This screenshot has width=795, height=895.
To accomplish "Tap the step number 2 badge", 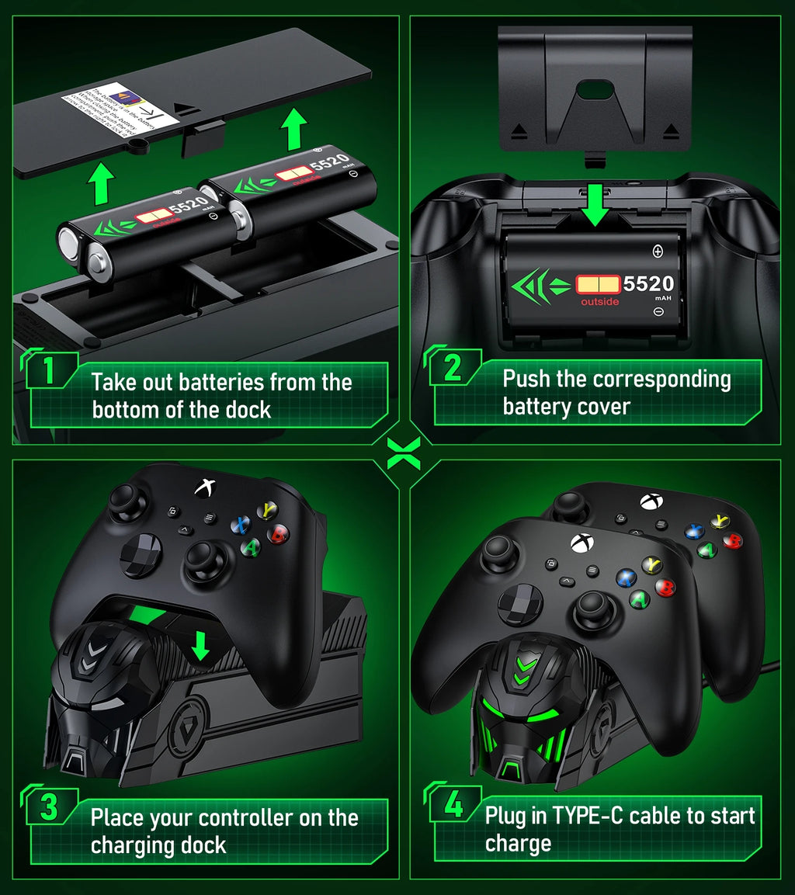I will (x=453, y=366).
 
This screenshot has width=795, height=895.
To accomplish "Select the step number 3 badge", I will (x=50, y=807).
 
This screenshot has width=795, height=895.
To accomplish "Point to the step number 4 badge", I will (x=453, y=804).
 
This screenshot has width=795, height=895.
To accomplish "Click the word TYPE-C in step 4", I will (x=587, y=816).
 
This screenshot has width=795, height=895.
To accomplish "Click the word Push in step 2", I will (x=526, y=379).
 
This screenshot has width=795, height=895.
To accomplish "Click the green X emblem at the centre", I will (x=404, y=453).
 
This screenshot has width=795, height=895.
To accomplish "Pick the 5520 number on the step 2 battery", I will (x=648, y=284).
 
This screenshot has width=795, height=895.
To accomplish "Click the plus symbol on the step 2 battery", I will (x=658, y=251).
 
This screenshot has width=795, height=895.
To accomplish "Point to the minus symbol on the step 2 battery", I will (x=658, y=312).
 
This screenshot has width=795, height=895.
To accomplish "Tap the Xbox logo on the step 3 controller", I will (x=205, y=487).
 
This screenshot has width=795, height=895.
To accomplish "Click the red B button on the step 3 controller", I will (x=277, y=534).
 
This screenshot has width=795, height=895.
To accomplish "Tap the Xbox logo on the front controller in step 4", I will (x=578, y=542).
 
